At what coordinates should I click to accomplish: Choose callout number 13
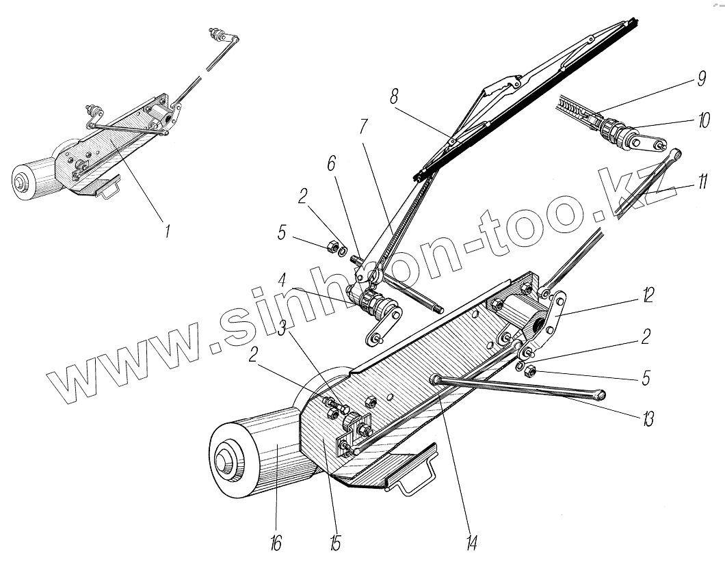[647, 418]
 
